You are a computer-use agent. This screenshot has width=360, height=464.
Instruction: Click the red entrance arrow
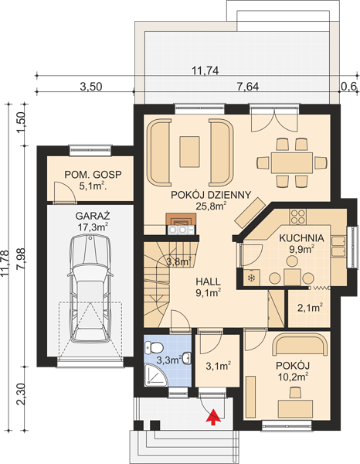click(x=214, y=417)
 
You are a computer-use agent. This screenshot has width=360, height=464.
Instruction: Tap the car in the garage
click(x=90, y=289)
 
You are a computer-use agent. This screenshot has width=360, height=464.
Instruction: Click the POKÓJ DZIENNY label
click(x=211, y=195)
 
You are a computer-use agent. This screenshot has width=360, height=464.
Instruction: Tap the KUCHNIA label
click(x=301, y=238)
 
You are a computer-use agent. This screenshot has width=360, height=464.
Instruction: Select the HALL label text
click(x=208, y=281)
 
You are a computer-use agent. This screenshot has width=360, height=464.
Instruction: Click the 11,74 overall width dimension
click(x=205, y=71)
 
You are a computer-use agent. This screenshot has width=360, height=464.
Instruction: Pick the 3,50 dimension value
click(x=91, y=87)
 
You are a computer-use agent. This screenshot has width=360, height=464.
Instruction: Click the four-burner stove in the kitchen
click(x=298, y=217)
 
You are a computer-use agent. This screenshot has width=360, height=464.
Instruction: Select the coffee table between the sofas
click(x=189, y=152)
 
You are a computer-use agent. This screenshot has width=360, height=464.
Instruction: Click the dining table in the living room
click(x=292, y=162)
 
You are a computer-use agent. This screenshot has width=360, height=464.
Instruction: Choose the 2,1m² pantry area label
click(x=310, y=308)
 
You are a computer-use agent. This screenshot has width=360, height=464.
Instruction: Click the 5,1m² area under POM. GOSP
click(x=93, y=186)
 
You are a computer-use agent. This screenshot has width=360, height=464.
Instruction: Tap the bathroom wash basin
click(x=186, y=358)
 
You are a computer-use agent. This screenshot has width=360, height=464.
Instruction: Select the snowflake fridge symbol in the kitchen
click(x=252, y=278)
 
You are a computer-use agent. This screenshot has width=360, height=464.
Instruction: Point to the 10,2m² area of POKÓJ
click(x=294, y=377)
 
